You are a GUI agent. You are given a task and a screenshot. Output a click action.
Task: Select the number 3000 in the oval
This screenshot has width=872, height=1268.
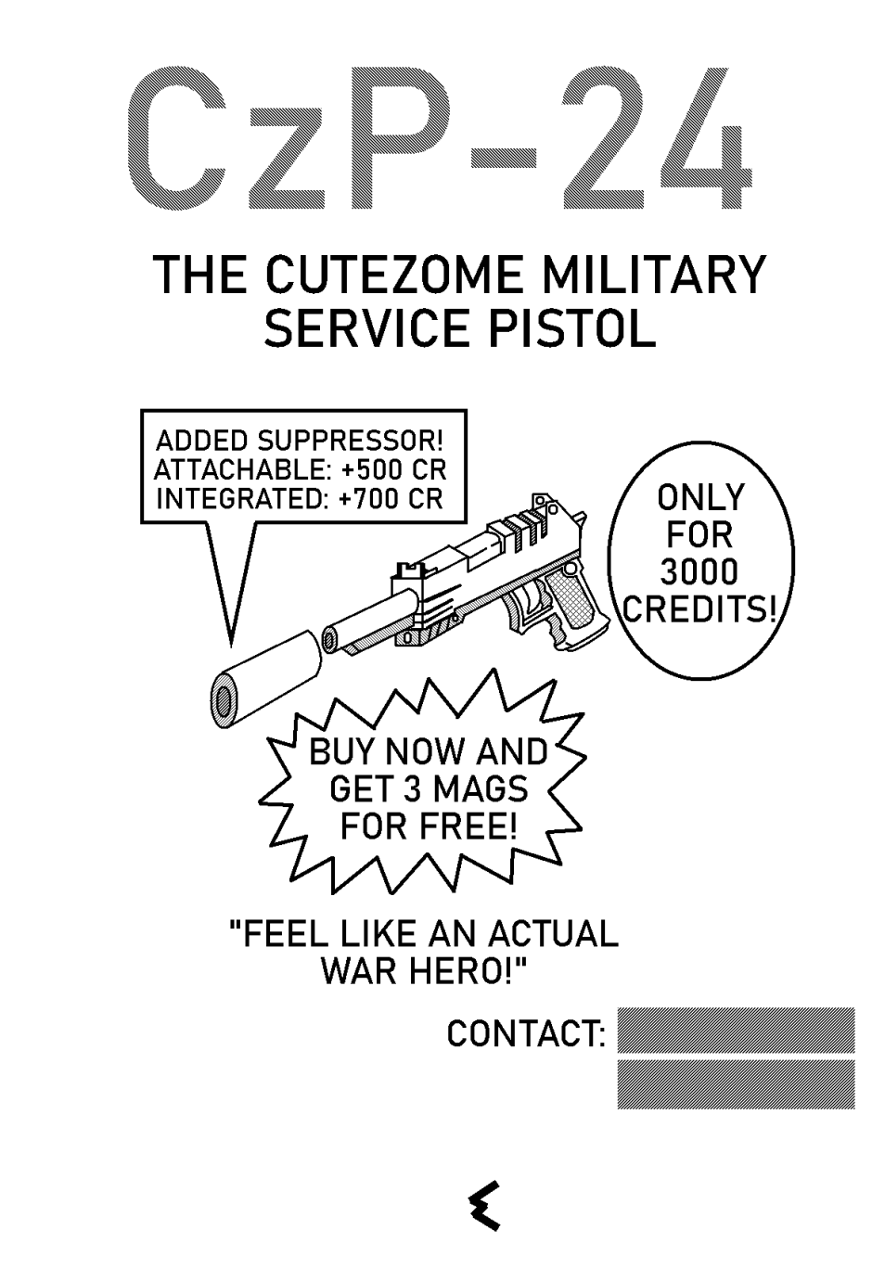click(x=700, y=571)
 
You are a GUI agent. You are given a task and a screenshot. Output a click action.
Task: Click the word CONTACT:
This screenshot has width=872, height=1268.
click(x=526, y=1032)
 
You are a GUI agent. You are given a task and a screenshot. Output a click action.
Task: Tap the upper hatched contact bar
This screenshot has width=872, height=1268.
click(x=736, y=1030)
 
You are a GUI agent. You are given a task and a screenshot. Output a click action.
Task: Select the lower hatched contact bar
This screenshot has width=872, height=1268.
click(x=736, y=1084)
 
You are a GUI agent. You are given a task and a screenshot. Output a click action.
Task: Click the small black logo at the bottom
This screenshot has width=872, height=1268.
click(x=484, y=1205)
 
